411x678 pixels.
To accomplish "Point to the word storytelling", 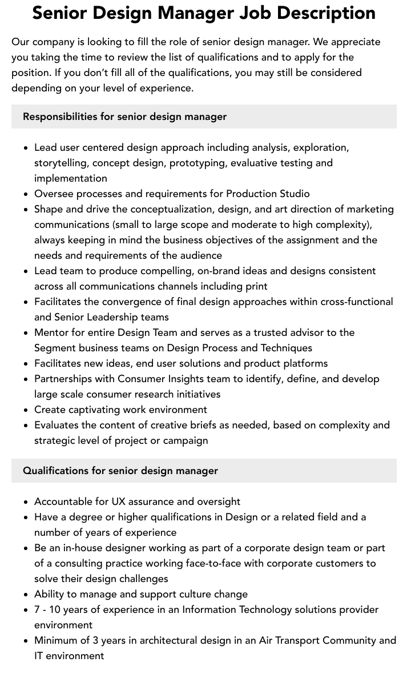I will click(x=61, y=163).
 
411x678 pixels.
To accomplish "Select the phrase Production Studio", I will click(x=268, y=194).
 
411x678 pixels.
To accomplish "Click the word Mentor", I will click(x=51, y=332).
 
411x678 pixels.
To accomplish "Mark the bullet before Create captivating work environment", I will click(x=26, y=410).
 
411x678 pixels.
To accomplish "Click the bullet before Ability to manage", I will click(x=26, y=595).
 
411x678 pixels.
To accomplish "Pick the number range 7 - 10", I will click(x=50, y=609).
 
